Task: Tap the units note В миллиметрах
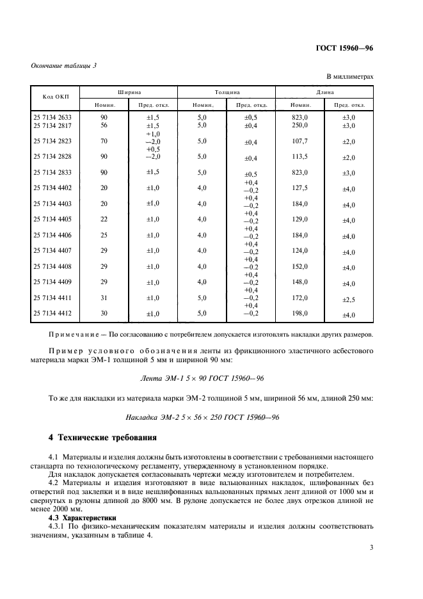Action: coord(350,77)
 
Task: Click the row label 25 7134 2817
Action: coord(52,126)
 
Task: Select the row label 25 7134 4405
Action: coord(52,220)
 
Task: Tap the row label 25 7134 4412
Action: coord(52,314)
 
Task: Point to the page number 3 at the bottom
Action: coord(371,547)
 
